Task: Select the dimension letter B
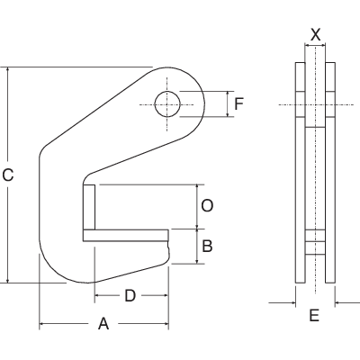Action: click(x=206, y=246)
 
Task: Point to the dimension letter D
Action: click(x=130, y=295)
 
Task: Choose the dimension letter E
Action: click(x=314, y=316)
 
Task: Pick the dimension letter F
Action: click(x=238, y=104)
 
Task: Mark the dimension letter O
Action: click(x=206, y=206)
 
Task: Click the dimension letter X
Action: click(x=315, y=33)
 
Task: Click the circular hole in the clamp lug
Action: click(x=167, y=104)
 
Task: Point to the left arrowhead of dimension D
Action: click(x=95, y=295)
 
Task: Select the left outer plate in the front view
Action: click(x=300, y=171)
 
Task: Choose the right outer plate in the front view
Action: click(x=330, y=171)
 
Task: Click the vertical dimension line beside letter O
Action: click(x=195, y=206)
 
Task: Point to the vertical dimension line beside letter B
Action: click(x=195, y=246)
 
